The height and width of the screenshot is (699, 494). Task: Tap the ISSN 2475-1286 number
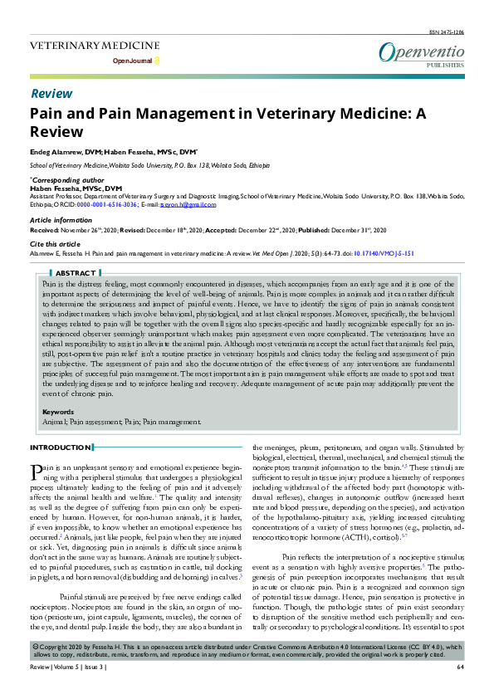coord(447,32)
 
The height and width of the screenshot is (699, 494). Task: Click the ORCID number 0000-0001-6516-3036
coord(108,203)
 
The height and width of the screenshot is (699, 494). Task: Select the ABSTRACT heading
coord(76,272)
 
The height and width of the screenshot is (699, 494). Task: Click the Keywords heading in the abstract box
coord(57,412)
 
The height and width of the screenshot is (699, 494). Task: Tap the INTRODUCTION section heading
coord(60,447)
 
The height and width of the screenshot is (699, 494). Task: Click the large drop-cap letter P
coord(36,472)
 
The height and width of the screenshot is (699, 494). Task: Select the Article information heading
coord(61,220)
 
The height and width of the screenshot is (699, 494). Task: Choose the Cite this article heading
coord(56,242)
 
